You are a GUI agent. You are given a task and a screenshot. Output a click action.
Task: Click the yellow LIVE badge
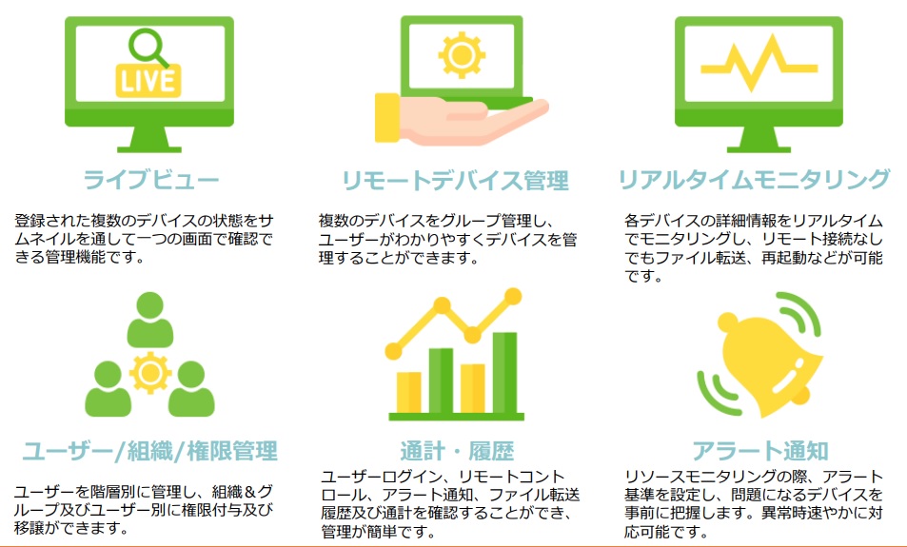[x=148, y=80]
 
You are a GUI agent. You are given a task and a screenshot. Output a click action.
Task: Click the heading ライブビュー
[x=151, y=179]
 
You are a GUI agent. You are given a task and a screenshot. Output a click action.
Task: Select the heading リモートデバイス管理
[x=455, y=181]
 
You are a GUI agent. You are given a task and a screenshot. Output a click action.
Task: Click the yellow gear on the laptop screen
[x=462, y=55]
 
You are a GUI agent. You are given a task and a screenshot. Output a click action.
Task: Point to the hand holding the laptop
[x=463, y=120]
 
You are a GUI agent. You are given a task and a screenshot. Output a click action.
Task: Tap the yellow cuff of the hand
[x=387, y=117]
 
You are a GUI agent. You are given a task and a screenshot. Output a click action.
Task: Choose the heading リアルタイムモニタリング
[x=754, y=179]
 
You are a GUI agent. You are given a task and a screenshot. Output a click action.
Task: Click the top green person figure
[x=149, y=320]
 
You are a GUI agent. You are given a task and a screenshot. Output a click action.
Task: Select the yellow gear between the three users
[x=150, y=373]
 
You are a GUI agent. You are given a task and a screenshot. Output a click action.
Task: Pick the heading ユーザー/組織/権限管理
[x=150, y=451]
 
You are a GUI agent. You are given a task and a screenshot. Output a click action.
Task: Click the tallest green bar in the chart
[x=504, y=373]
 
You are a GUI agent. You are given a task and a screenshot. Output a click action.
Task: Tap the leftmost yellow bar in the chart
[x=409, y=393]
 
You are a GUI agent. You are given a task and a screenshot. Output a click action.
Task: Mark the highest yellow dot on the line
[x=512, y=297]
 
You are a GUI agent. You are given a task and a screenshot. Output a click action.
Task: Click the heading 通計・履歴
[x=457, y=451]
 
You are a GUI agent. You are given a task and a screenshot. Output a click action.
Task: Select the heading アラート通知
[x=760, y=451]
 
